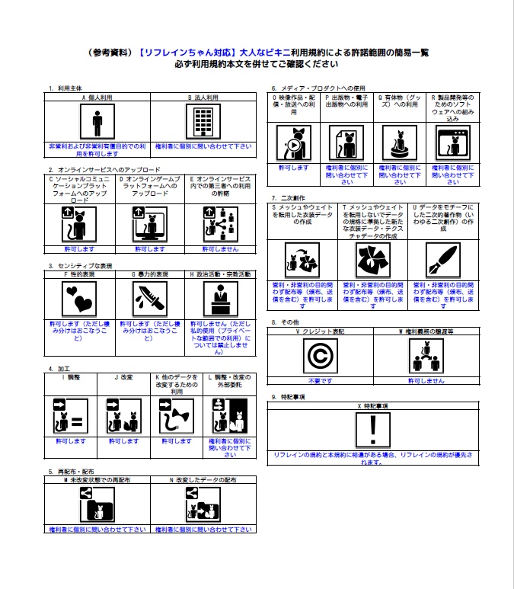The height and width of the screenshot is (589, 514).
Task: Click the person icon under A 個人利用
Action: tap(97, 122)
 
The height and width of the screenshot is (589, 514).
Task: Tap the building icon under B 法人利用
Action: tap(203, 122)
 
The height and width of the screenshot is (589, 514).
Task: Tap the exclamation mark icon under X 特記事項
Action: tap(373, 431)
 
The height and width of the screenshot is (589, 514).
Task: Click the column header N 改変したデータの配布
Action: tap(203, 481)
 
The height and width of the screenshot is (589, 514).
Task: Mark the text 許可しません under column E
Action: tap(219, 248)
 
